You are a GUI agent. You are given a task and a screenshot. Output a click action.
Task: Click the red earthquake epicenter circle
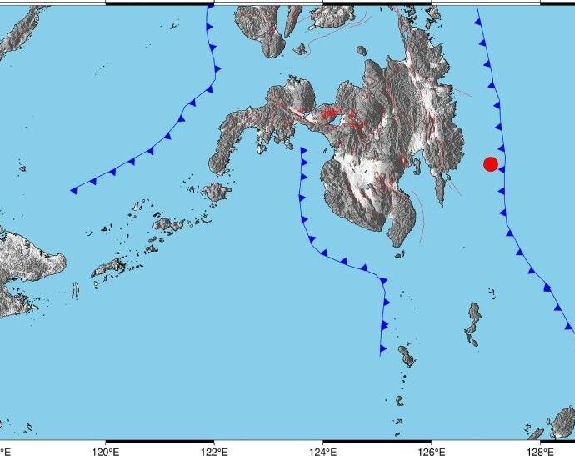[x=491, y=164]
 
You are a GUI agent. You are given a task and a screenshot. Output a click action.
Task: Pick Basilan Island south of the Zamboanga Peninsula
[x=217, y=193]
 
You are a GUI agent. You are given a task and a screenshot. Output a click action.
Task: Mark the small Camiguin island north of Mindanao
[x=363, y=52]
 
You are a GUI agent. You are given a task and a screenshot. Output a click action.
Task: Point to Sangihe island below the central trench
[x=407, y=356]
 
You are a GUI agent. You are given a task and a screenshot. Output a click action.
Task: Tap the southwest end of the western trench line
[x=72, y=191]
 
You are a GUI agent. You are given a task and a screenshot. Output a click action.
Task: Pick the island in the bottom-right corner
[x=563, y=422]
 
